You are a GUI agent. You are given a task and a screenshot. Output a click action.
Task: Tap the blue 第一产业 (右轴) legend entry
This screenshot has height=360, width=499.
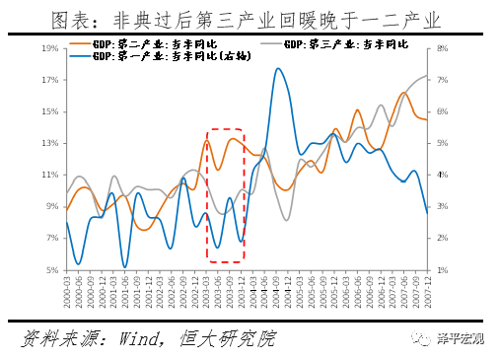point(148,58)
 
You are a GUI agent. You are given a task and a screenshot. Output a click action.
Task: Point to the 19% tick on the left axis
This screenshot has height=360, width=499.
point(49,47)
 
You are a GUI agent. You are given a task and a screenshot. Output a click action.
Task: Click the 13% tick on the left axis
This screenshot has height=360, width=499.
point(49,143)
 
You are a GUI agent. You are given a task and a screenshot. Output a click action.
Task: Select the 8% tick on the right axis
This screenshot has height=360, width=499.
point(443,47)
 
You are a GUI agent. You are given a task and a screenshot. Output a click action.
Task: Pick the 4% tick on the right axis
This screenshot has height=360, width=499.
point(443,175)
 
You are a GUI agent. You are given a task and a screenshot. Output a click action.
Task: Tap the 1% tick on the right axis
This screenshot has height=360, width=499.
point(443,270)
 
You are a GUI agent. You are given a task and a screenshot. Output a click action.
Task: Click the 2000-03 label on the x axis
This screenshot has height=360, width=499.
point(68,289)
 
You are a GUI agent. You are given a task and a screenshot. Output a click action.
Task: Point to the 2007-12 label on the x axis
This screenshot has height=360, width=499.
point(427,289)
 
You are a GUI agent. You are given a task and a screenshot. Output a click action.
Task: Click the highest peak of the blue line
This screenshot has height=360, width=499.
point(278,69)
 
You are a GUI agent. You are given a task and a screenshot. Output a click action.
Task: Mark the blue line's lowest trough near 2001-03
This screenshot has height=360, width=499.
point(125,266)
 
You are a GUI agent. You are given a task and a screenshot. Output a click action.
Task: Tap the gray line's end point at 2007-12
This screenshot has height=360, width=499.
point(427,76)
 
